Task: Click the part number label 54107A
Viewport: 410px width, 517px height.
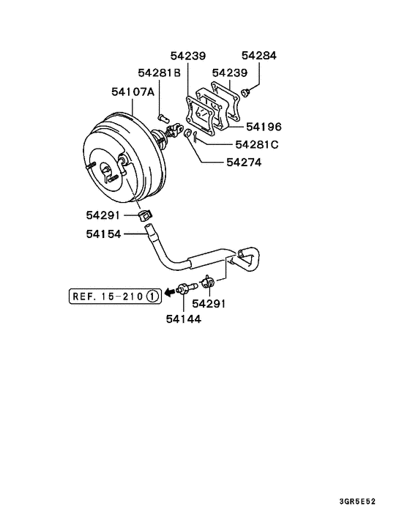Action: pos(133,93)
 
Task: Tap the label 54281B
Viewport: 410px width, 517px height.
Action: pos(159,73)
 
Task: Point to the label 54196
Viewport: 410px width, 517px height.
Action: pos(264,127)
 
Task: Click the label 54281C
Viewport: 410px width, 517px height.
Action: pos(257,144)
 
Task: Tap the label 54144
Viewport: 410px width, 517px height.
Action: pos(184,319)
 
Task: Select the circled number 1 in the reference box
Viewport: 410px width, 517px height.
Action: pos(152,296)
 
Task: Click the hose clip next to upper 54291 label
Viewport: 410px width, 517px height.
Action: pos(144,215)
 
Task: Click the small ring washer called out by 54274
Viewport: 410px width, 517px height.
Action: pos(188,134)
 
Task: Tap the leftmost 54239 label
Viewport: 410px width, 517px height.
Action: pos(188,56)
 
